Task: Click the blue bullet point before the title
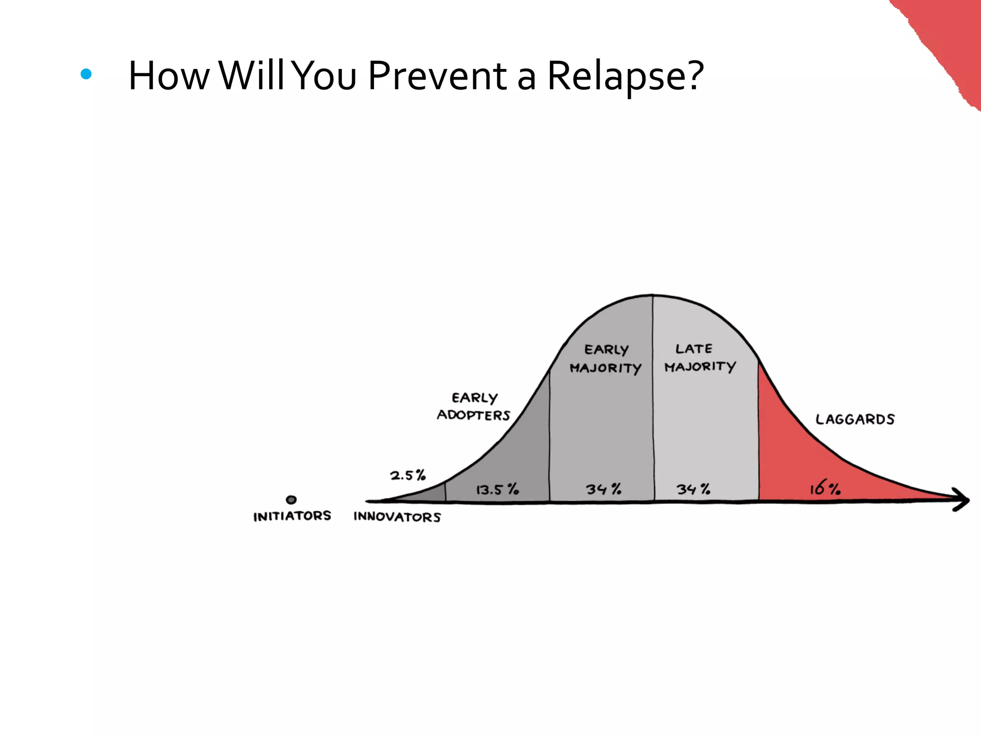coord(86,74)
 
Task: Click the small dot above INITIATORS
coord(291,500)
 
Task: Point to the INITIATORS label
coord(292,516)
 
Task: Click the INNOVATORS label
coord(397,517)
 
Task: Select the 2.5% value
coord(408,475)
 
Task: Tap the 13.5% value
coord(497,490)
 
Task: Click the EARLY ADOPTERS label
coord(474,406)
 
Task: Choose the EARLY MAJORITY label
coord(605,359)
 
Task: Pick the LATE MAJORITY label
coord(699,357)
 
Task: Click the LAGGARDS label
coord(855,420)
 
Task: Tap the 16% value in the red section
coord(825,489)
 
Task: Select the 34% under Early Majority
coord(604,489)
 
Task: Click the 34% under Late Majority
coord(693,489)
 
